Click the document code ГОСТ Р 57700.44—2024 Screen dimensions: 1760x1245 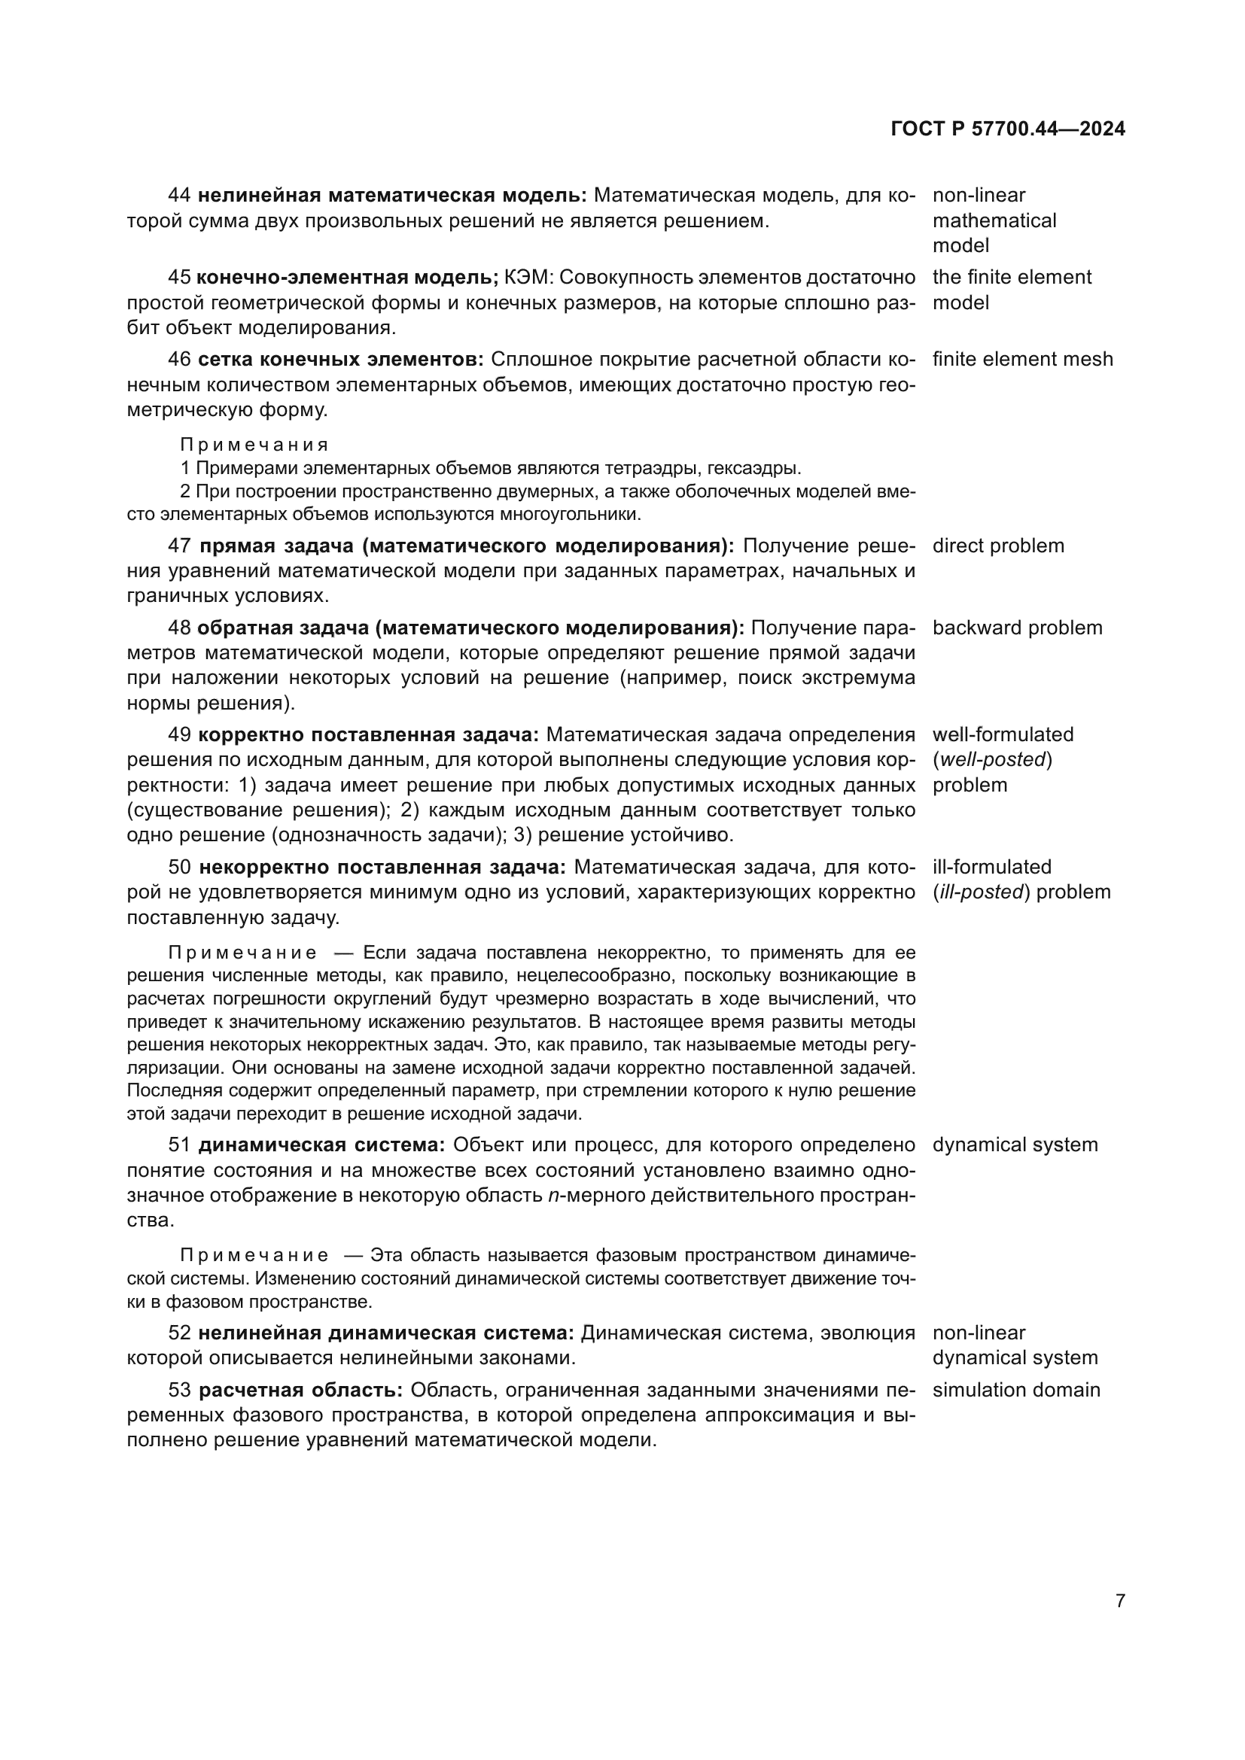(x=1007, y=129)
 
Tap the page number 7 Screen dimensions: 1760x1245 (x=1120, y=1600)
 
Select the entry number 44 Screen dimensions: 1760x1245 (x=179, y=196)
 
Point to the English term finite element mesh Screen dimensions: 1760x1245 (x=1022, y=359)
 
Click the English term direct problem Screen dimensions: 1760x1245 (x=998, y=546)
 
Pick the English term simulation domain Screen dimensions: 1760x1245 (x=1015, y=1390)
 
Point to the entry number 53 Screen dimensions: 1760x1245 (x=179, y=1390)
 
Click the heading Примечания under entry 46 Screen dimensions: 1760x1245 (x=254, y=445)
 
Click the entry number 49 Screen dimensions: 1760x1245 (x=179, y=734)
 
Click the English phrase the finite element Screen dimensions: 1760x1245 (x=1011, y=277)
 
